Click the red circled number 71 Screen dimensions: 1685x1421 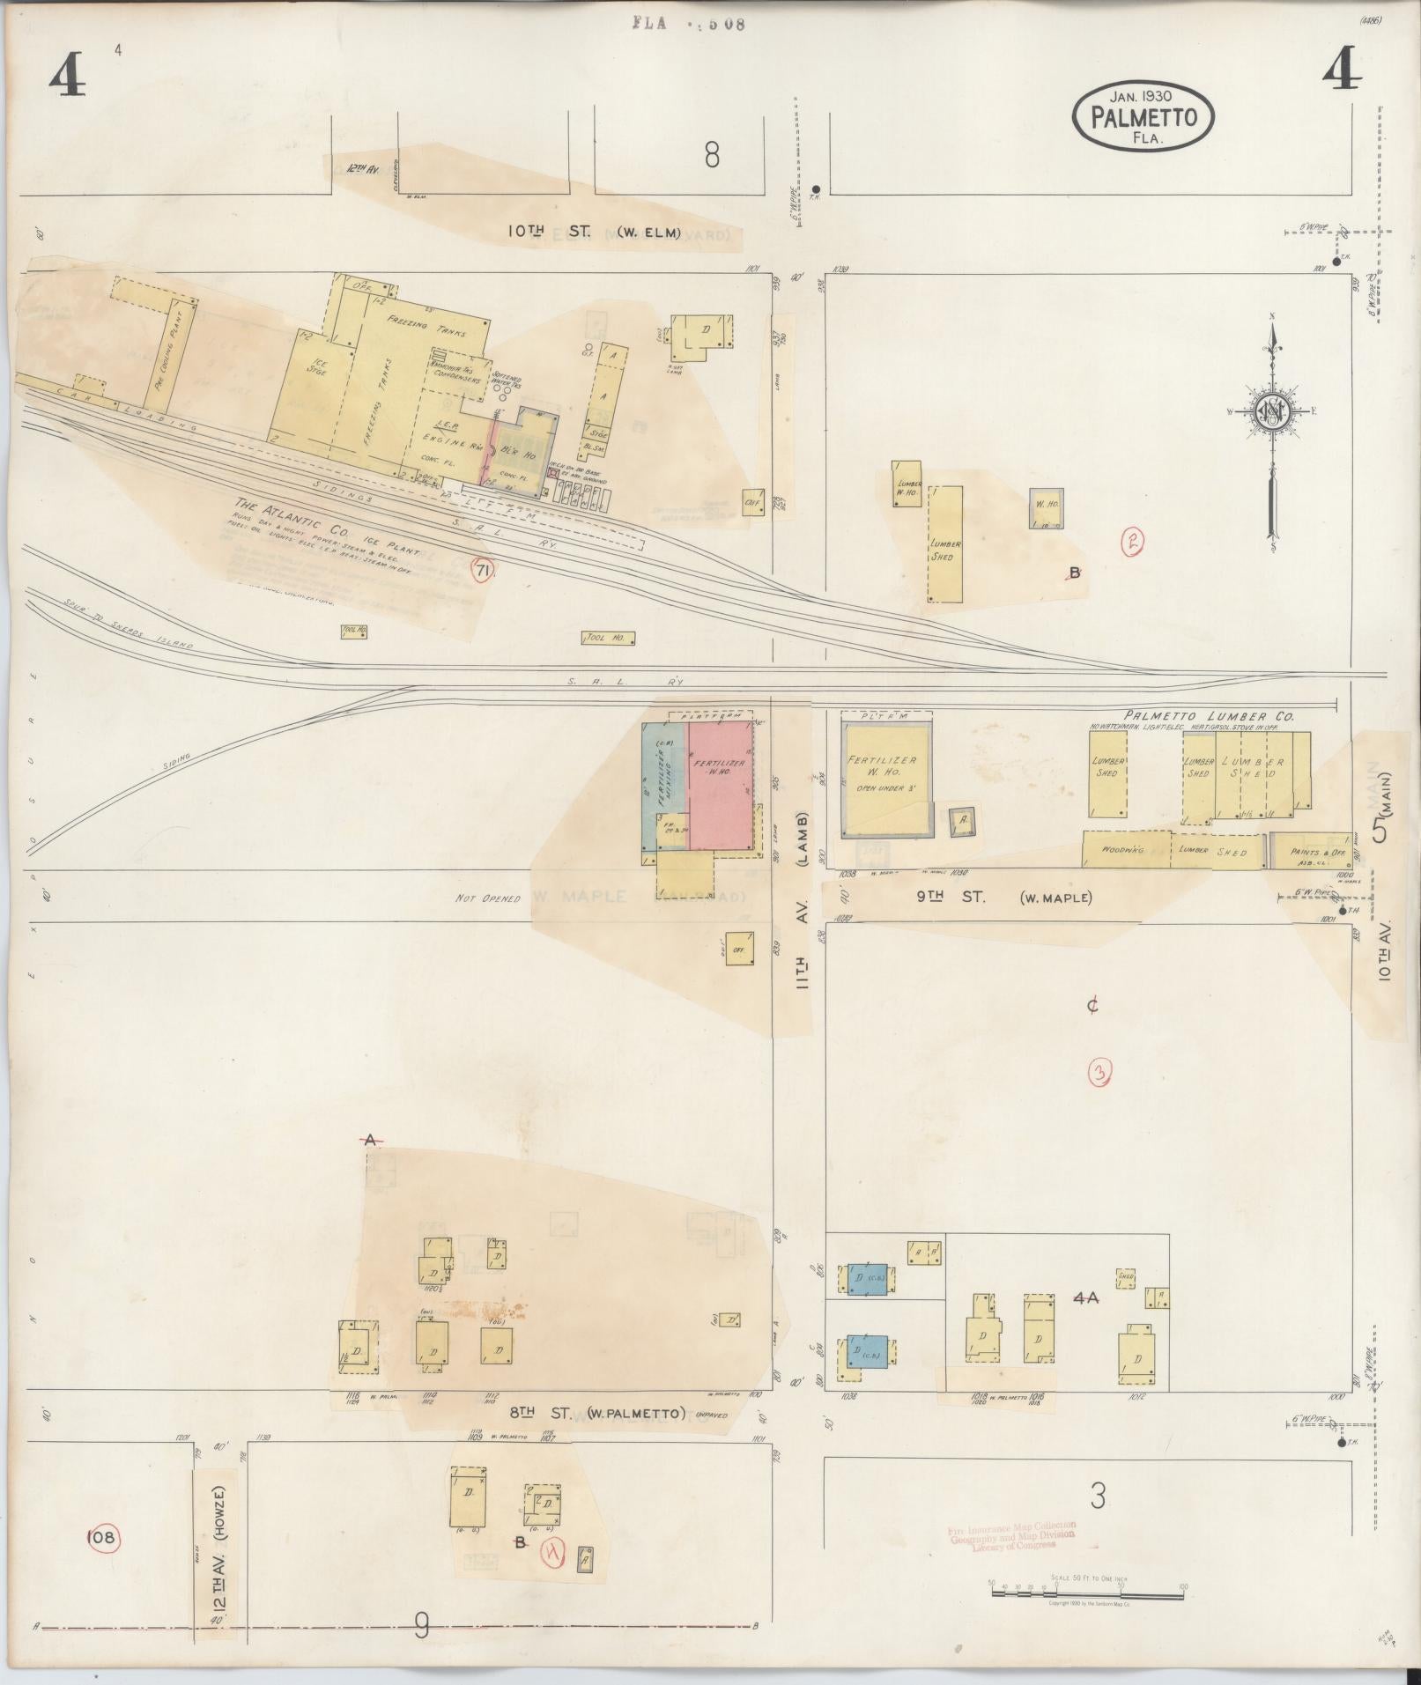tap(482, 571)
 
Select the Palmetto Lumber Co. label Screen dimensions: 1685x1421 tap(1208, 717)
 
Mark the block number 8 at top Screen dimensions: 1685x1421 tap(712, 156)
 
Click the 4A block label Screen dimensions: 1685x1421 tap(1089, 1297)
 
